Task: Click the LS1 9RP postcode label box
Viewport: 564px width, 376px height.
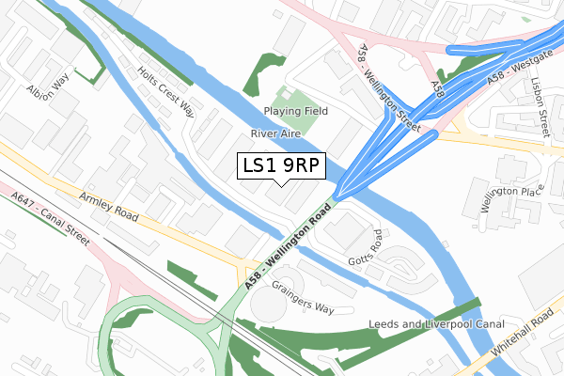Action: pos(281,165)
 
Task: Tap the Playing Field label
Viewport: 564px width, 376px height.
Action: pos(296,111)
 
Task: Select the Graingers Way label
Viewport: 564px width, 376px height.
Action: pos(303,296)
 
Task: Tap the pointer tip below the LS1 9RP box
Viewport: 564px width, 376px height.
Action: pos(281,184)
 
